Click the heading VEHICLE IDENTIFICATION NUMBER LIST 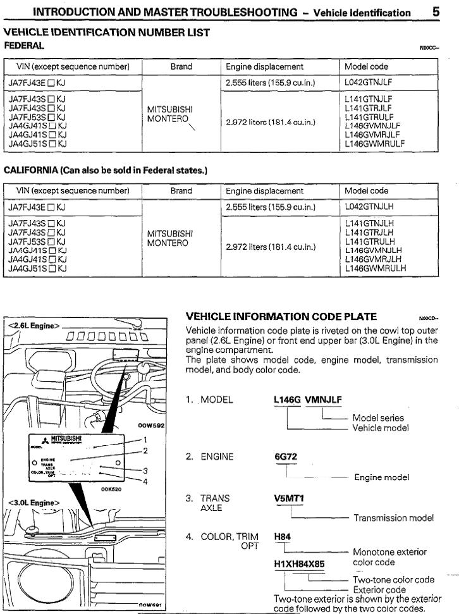107,32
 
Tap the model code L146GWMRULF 375,144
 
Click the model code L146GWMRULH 376,268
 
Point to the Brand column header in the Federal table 181,66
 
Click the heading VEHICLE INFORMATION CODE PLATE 281,317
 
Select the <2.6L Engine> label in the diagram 34,326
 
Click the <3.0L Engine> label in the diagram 34,503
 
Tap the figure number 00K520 111,489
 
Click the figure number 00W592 150,426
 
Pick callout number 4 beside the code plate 145,482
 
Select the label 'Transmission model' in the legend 394,518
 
